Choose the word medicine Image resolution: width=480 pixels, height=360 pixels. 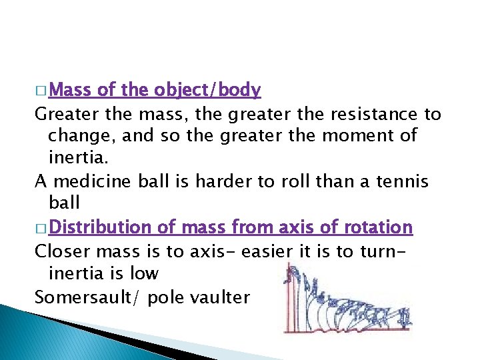point(85,181)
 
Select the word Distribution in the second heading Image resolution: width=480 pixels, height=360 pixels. point(100,227)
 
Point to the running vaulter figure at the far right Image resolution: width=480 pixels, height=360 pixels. point(405,313)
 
